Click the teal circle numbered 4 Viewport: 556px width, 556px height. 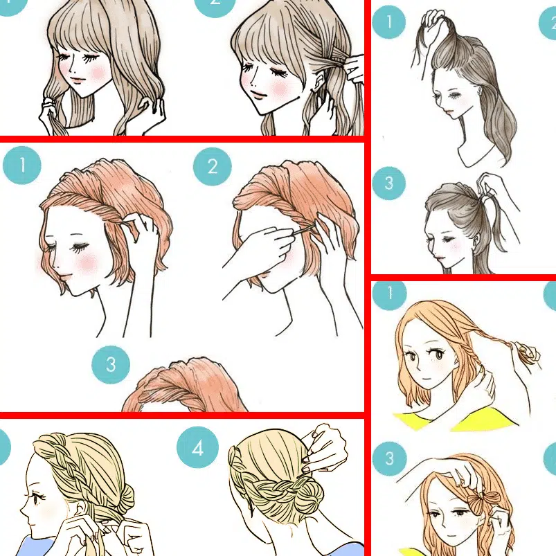pyautogui.click(x=197, y=447)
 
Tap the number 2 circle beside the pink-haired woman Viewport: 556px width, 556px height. pyautogui.click(x=213, y=167)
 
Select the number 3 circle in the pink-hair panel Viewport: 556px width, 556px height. pyautogui.click(x=111, y=365)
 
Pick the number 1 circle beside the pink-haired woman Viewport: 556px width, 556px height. pyautogui.click(x=22, y=165)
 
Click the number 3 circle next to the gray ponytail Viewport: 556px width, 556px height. pyautogui.click(x=389, y=183)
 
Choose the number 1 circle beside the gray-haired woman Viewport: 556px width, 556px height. pyautogui.click(x=389, y=21)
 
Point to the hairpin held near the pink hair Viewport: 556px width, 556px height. pyautogui.click(x=304, y=230)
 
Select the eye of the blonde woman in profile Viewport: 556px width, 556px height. pyautogui.click(x=37, y=497)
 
